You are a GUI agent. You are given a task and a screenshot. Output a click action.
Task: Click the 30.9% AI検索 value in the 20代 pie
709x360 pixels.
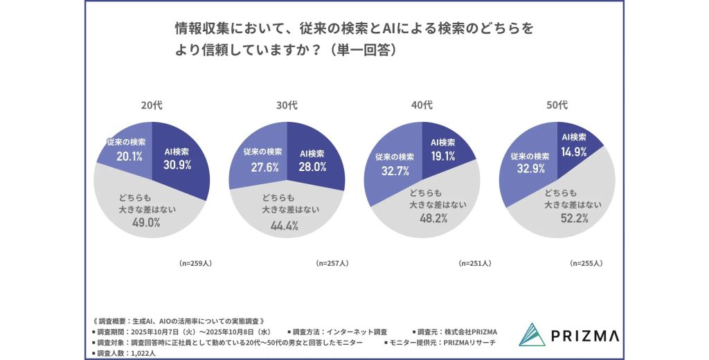[x=177, y=165]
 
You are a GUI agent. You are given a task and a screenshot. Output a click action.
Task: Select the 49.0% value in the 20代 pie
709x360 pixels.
[x=146, y=222]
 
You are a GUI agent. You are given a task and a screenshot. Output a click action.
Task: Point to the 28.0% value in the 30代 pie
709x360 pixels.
[x=312, y=166]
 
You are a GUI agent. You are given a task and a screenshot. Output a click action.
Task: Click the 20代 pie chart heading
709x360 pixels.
[x=152, y=106]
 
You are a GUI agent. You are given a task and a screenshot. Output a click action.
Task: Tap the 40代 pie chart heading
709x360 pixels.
[x=422, y=106]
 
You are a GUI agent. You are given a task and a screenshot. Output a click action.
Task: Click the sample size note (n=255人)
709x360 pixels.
[x=586, y=264]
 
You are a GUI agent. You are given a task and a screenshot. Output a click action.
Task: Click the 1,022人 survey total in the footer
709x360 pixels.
[x=141, y=354]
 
